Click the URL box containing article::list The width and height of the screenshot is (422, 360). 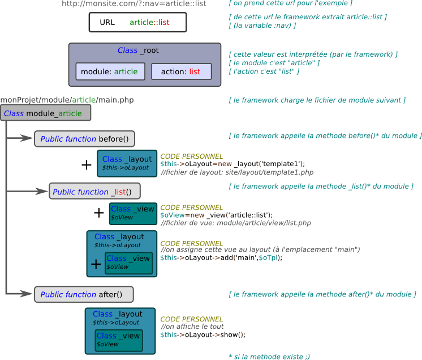[137, 22]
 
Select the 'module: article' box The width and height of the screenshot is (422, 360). [110, 71]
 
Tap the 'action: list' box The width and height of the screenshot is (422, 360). [181, 71]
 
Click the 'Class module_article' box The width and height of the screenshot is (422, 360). [45, 113]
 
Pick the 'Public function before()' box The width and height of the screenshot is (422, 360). [84, 139]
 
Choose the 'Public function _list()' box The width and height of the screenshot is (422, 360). [94, 192]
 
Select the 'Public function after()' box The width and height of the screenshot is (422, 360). [83, 294]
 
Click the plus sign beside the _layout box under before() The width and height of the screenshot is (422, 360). [87, 165]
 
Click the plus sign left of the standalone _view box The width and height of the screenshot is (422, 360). [99, 213]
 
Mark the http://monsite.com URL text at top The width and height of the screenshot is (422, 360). [134, 4]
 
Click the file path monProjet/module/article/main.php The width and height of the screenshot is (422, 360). [67, 100]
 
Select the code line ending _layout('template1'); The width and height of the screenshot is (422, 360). [232, 164]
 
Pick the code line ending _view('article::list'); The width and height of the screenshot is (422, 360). [216, 215]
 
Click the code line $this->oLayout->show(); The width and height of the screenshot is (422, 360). [203, 334]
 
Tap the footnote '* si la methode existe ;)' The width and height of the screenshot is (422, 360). [269, 356]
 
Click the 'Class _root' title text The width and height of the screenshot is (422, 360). [138, 50]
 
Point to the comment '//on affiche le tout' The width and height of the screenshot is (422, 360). [192, 327]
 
